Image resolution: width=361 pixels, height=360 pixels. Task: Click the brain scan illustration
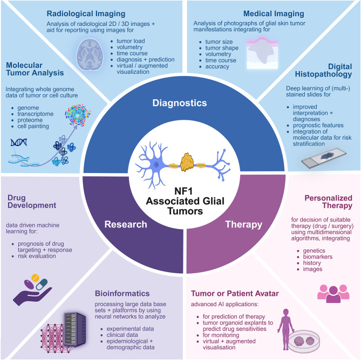click(90, 54)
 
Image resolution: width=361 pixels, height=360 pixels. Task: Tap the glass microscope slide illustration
click(324, 158)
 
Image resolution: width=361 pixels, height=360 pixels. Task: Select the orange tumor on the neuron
click(187, 163)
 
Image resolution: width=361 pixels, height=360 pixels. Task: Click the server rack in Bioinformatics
click(75, 329)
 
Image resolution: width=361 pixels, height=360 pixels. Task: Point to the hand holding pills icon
click(32, 289)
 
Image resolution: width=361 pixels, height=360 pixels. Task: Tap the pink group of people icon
click(333, 294)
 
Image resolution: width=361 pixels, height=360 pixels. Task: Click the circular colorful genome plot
click(78, 115)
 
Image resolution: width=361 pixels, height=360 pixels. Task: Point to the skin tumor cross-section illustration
click(262, 53)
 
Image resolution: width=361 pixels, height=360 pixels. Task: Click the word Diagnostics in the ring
click(180, 103)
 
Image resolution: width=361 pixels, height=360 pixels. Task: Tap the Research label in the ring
click(126, 224)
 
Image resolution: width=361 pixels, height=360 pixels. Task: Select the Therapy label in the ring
click(243, 224)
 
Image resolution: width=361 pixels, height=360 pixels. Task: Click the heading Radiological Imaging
click(86, 13)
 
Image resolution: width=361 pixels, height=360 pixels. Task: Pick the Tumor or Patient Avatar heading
click(235, 293)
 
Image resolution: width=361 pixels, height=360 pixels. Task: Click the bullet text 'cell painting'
click(33, 126)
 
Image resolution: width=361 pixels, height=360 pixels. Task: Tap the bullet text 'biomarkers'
click(318, 257)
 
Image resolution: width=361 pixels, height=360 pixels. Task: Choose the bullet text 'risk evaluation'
click(37, 256)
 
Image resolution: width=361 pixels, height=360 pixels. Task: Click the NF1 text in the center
click(183, 191)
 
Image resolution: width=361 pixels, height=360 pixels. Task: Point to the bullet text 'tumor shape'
click(222, 48)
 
